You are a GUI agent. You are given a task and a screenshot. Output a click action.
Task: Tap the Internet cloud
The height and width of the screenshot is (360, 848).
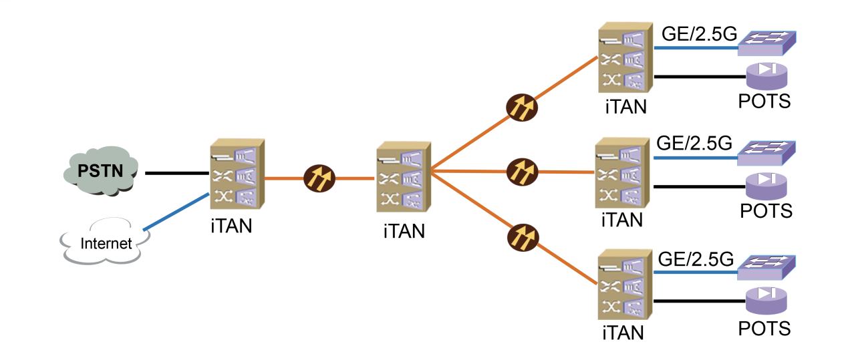click(106, 242)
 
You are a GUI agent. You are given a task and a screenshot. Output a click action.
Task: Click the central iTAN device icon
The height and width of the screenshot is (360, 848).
click(403, 175)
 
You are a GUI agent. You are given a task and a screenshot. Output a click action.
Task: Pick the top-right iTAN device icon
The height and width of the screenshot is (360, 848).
click(623, 60)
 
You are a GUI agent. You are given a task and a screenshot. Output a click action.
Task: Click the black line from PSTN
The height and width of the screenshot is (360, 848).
click(177, 173)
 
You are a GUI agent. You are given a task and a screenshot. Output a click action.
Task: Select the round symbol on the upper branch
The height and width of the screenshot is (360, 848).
click(520, 106)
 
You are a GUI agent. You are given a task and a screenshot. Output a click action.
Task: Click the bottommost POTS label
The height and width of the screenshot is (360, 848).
click(764, 329)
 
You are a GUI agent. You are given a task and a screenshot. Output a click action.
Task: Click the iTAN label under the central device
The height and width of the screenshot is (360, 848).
click(404, 232)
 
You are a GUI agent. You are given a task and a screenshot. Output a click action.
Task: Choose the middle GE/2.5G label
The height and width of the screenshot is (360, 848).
click(694, 144)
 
